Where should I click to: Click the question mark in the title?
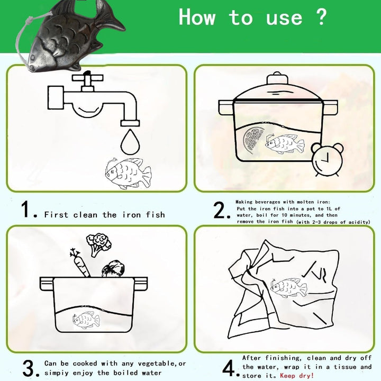(322, 16)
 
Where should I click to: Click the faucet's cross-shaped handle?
(87, 78)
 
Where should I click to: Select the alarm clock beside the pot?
(328, 159)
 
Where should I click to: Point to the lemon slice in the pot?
(253, 140)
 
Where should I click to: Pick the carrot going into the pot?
(80, 263)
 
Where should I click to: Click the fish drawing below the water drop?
(128, 173)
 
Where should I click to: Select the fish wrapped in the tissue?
(288, 288)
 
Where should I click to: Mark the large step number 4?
(229, 368)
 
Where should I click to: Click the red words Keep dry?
(297, 375)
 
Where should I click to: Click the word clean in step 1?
(85, 215)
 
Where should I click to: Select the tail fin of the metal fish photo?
(110, 17)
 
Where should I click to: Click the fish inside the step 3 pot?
(86, 320)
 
